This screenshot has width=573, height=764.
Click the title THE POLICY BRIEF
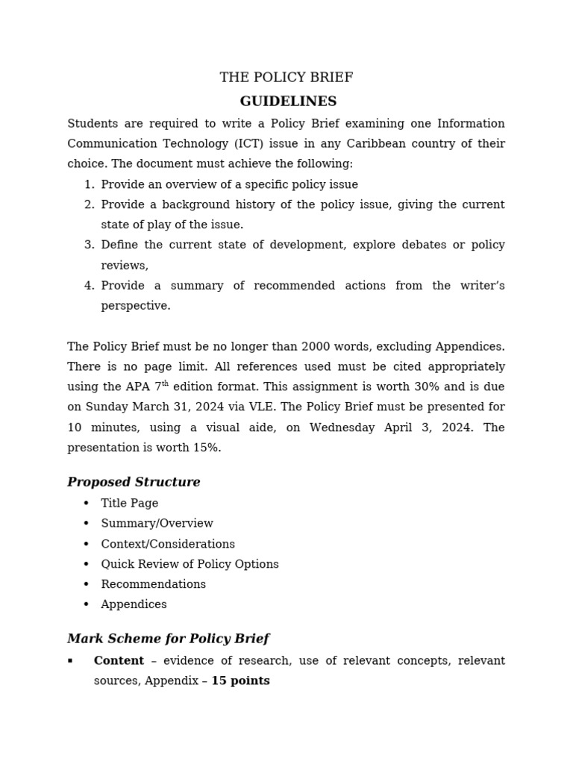point(286,78)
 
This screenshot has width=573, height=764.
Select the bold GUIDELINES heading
point(288,101)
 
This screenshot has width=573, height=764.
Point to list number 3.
point(89,245)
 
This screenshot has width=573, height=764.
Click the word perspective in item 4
point(136,306)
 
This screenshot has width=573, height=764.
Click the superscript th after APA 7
point(166,383)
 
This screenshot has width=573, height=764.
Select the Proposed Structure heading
point(134,482)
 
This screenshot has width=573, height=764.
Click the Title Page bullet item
point(130,504)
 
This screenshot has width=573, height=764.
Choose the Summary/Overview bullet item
point(157,524)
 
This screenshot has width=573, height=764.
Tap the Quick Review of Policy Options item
point(190,564)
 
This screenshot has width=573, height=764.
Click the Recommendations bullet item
point(153,584)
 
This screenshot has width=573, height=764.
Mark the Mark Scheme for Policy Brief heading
point(168,639)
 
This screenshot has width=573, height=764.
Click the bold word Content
point(119,661)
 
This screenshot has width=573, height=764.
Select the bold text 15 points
point(240,681)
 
